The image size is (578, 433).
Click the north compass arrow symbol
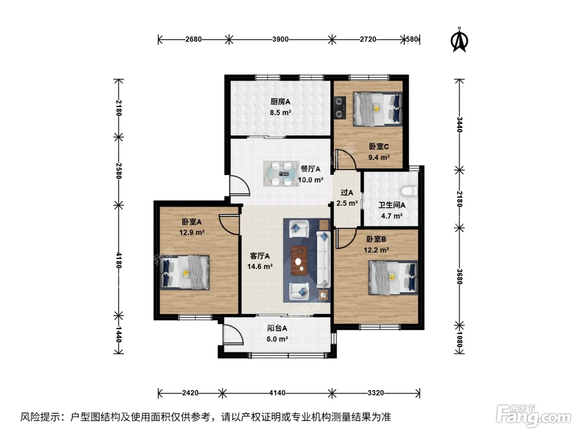pos(459,40)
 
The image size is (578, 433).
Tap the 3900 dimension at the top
pos(280,40)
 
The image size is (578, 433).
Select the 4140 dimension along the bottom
pos(277,393)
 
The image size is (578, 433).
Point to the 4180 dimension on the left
pos(118,260)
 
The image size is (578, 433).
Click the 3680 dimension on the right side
pos(459,277)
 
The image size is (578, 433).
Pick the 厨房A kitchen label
pos(280,101)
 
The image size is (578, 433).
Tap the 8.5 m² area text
pos(280,113)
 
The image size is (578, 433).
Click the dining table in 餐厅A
pos(281,174)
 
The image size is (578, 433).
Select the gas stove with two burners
pos(340,107)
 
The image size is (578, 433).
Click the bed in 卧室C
pos(378,109)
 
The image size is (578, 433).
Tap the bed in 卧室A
pos(185,272)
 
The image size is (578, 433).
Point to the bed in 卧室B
pos(393,278)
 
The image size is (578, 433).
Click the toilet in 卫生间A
pos(409,191)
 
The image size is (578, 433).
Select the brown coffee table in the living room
pos(299,261)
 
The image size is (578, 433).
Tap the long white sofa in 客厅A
pos(323,259)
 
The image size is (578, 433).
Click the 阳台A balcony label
pos(277,328)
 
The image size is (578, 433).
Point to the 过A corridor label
pos(347,193)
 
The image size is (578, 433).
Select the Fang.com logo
pos(533,417)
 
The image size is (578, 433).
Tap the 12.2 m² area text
pos(376,250)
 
